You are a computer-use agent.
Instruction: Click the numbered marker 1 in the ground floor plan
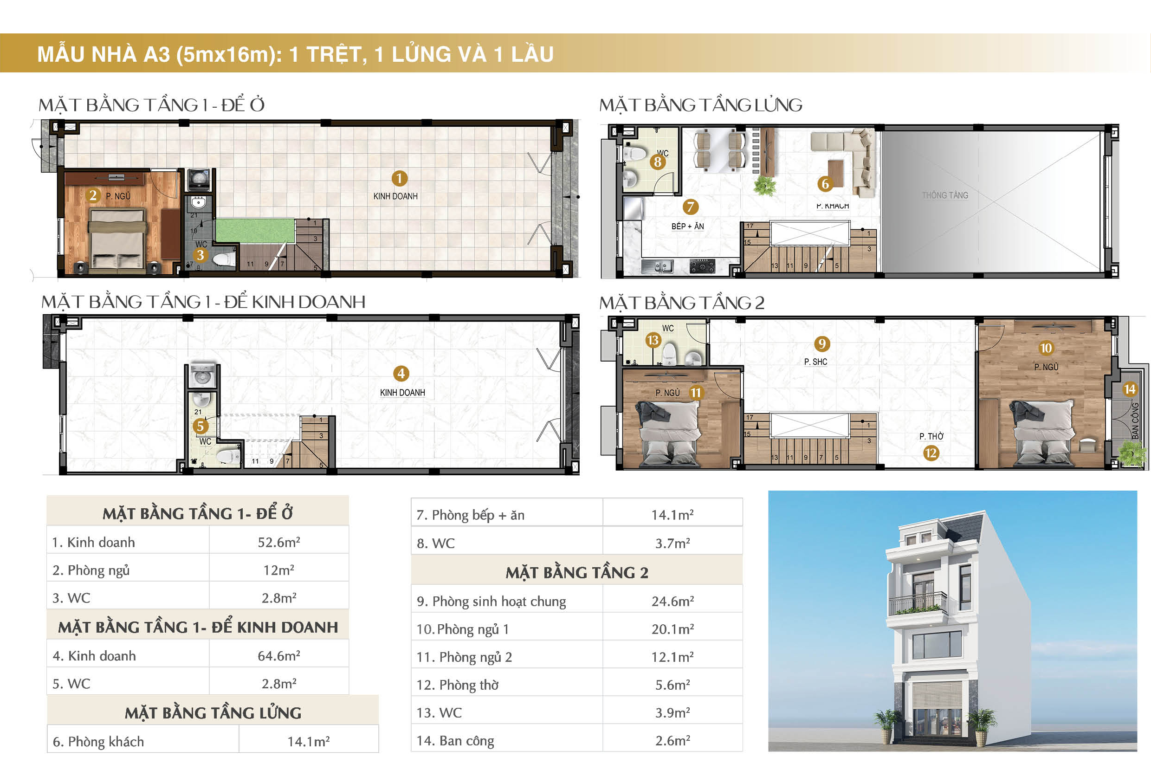coord(399,178)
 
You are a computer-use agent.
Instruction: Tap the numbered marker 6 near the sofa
coord(825,184)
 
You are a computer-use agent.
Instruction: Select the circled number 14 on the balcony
coord(1129,389)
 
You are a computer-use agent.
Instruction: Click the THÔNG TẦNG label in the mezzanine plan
coord(944,195)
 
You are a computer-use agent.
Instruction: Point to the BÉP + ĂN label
coord(687,226)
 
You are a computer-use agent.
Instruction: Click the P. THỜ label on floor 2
coord(931,436)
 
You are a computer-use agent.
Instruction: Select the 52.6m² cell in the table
coord(279,542)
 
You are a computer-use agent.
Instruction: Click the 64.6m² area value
coord(279,656)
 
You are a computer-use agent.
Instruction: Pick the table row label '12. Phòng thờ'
coord(458,685)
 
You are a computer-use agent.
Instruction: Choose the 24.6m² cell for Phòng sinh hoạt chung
coord(672,601)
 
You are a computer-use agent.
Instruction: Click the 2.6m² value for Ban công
coord(672,740)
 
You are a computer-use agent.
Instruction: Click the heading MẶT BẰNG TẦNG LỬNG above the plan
coord(700,105)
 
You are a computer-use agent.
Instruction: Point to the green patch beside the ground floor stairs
coord(255,230)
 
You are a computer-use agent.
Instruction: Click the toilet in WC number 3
coord(224,259)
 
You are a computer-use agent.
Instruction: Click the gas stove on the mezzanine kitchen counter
coord(702,267)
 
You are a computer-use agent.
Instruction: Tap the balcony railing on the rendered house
coord(918,604)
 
